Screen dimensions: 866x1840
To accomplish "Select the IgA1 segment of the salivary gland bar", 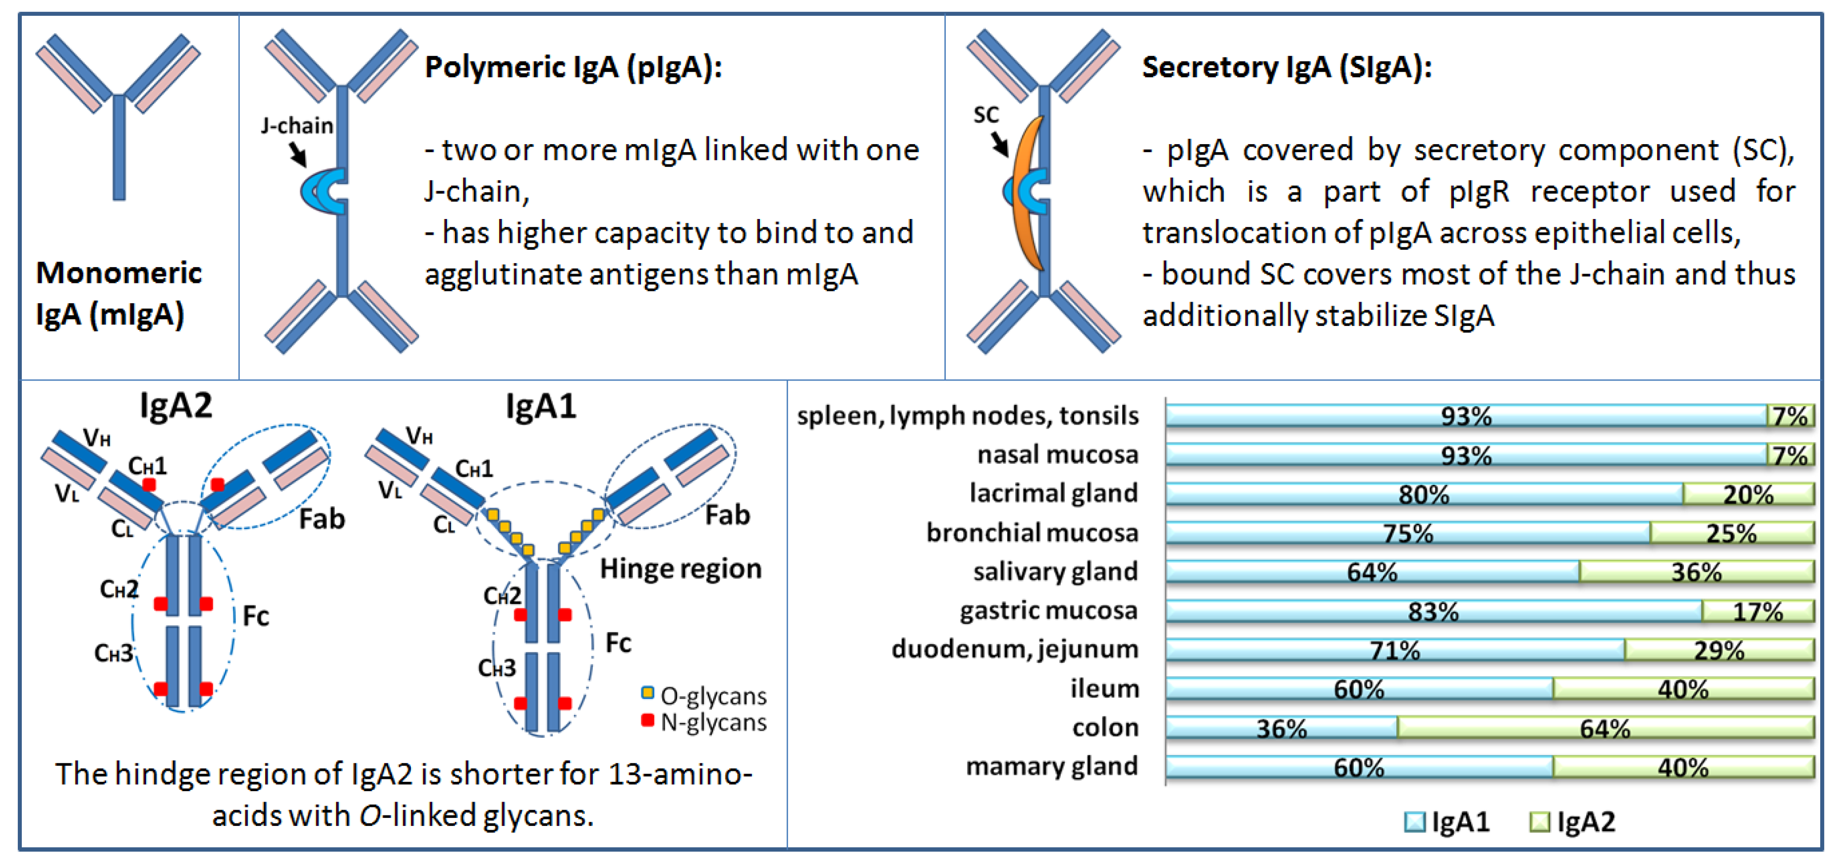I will (x=1372, y=572).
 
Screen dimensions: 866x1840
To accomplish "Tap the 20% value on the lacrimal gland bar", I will (x=1748, y=494).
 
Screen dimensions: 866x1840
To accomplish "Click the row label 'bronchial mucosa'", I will (x=1032, y=533).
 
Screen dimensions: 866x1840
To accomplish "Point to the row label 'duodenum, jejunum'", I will (x=1014, y=649).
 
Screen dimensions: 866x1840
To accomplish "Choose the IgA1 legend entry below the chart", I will (x=1447, y=822).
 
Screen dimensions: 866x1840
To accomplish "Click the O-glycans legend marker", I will (x=647, y=693).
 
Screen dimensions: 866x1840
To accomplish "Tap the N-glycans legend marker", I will (x=647, y=720).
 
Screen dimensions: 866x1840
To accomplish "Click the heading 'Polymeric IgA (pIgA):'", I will (x=574, y=68).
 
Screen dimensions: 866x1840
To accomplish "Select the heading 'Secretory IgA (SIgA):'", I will (x=1286, y=68).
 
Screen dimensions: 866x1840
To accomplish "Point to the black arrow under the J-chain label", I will (x=298, y=154).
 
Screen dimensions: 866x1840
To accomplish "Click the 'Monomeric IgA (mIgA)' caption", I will (x=118, y=293).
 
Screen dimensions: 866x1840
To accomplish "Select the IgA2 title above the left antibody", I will (x=175, y=406).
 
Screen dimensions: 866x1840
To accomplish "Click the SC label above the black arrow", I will (x=986, y=115).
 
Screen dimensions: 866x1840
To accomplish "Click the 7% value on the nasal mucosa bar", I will (x=1789, y=455).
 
